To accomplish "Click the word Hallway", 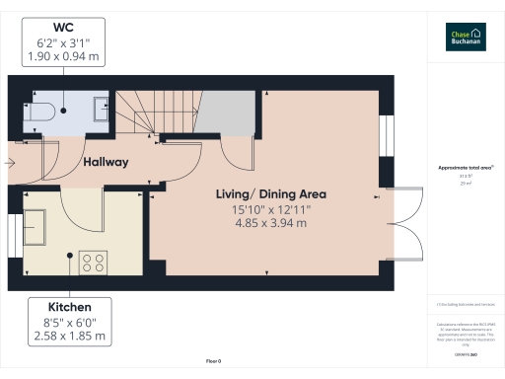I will click(106, 162).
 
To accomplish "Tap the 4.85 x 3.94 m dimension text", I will click(270, 224).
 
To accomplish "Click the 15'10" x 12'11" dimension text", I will click(270, 209).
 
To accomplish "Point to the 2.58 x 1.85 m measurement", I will click(68, 337).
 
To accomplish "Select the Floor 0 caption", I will click(213, 361).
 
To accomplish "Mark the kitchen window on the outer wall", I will click(10, 241).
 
